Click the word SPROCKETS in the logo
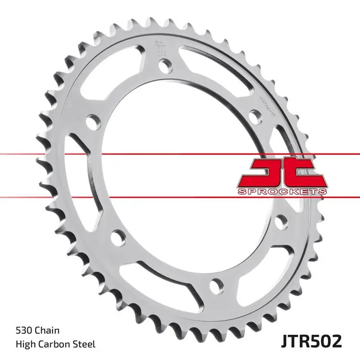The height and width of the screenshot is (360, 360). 282,192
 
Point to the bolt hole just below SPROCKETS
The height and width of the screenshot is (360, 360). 281,220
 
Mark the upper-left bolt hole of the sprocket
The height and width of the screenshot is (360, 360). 93,121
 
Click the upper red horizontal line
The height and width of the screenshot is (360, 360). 180,154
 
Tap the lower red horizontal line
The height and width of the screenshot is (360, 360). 180,197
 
